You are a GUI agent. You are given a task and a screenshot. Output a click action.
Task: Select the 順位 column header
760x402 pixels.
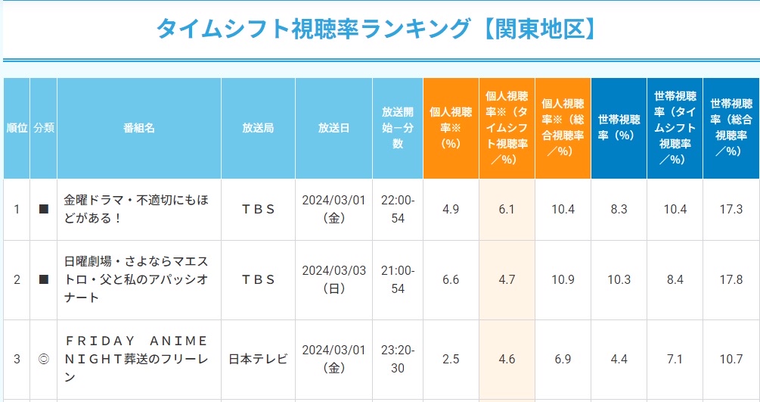pos(17,128)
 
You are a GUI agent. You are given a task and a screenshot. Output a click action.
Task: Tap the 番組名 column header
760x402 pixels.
pos(138,128)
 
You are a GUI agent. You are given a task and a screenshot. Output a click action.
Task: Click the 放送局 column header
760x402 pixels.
pos(258,128)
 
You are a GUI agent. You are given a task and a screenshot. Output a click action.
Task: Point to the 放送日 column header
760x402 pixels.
pos(333,128)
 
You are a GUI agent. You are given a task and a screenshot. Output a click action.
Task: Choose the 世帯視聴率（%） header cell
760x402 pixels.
pos(619,128)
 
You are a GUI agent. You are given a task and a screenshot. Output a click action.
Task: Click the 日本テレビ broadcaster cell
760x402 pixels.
pos(258,359)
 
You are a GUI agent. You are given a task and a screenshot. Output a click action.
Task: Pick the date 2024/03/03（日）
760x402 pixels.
pos(333,279)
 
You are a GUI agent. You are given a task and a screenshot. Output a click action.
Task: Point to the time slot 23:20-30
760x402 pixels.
pos(398,359)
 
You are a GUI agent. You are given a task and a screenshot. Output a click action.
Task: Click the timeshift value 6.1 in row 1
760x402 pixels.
pos(507,209)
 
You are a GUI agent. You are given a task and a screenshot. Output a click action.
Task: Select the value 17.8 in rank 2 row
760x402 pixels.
pos(731,279)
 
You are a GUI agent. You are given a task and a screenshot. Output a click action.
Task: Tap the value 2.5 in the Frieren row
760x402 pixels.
pos(451,359)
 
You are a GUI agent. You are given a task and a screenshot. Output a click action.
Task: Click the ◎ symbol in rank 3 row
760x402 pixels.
pos(43,359)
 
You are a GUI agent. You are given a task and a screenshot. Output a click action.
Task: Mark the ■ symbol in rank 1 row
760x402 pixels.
pos(43,209)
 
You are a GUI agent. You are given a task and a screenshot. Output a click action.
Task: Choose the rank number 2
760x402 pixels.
pos(17,279)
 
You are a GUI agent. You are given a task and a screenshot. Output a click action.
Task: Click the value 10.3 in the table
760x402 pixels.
pos(619,279)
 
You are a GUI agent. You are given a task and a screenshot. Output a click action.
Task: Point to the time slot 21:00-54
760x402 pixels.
pos(398,279)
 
